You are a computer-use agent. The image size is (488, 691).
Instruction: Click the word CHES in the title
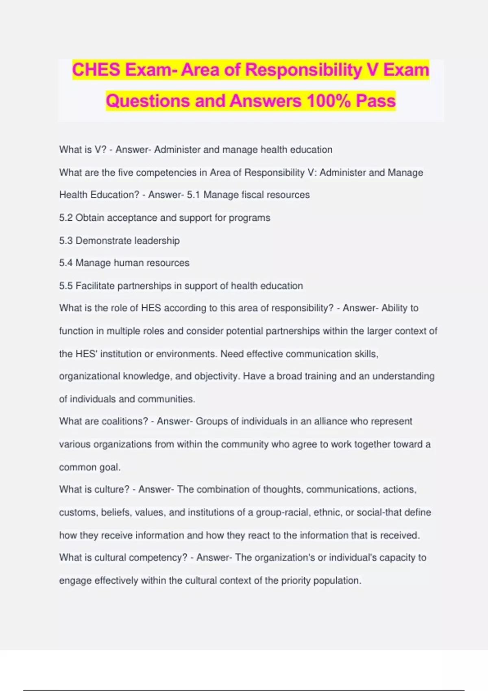[96, 70]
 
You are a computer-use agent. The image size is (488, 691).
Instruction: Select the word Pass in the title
[376, 101]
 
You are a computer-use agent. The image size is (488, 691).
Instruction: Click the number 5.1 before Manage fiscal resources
[193, 195]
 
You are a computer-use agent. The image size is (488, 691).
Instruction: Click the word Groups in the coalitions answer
[211, 422]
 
